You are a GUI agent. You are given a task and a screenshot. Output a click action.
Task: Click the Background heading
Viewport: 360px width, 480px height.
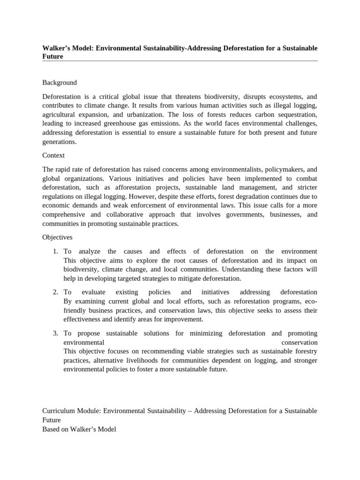[60, 82]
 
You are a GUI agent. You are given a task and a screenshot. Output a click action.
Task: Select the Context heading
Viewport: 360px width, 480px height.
[53, 155]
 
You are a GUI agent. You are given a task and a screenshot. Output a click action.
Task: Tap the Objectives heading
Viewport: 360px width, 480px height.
[57, 237]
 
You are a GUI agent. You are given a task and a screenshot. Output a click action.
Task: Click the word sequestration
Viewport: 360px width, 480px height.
[294, 115]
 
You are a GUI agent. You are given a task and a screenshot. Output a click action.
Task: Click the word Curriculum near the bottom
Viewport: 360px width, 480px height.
[57, 411]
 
